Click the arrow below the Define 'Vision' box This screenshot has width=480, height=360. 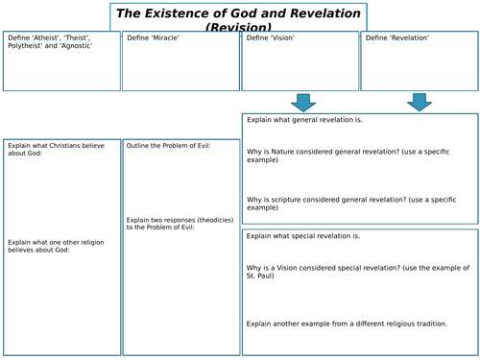(303, 102)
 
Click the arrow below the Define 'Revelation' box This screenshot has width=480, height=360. (419, 102)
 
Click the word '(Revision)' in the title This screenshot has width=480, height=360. (238, 28)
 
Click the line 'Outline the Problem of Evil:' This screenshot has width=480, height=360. (169, 146)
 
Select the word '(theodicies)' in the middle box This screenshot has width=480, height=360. (211, 220)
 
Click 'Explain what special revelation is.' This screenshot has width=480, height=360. (303, 235)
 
